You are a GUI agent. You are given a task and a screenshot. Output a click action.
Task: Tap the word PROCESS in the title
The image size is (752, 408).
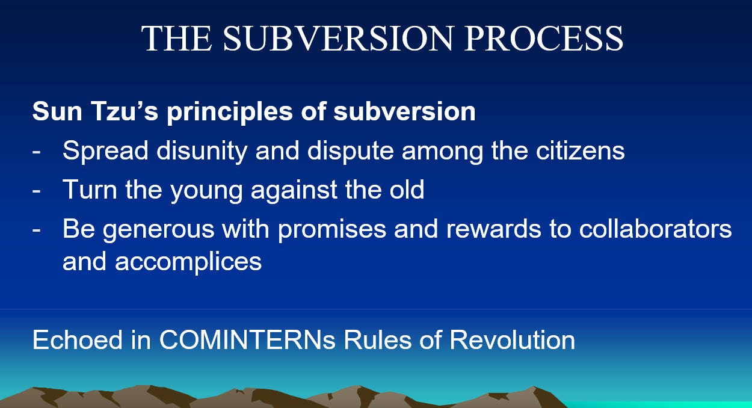pyautogui.click(x=543, y=39)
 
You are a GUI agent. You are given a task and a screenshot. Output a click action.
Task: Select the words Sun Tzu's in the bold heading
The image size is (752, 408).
pyautogui.click(x=95, y=111)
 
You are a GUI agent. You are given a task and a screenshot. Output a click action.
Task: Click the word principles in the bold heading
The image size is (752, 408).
pyautogui.click(x=230, y=113)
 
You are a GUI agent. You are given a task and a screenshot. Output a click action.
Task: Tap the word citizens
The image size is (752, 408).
pyautogui.click(x=580, y=150)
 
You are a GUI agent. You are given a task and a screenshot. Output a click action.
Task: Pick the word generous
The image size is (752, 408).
pyautogui.click(x=158, y=230)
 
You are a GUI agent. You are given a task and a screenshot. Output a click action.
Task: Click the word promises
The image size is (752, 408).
pyautogui.click(x=332, y=230)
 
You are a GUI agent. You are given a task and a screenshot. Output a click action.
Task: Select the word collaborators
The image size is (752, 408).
pyautogui.click(x=655, y=229)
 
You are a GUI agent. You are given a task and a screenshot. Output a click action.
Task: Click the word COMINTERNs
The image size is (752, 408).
pyautogui.click(x=247, y=340)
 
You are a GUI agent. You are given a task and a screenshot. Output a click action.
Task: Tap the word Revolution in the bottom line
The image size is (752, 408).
pyautogui.click(x=513, y=340)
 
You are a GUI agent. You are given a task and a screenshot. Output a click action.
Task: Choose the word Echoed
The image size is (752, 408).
pyautogui.click(x=78, y=340)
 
